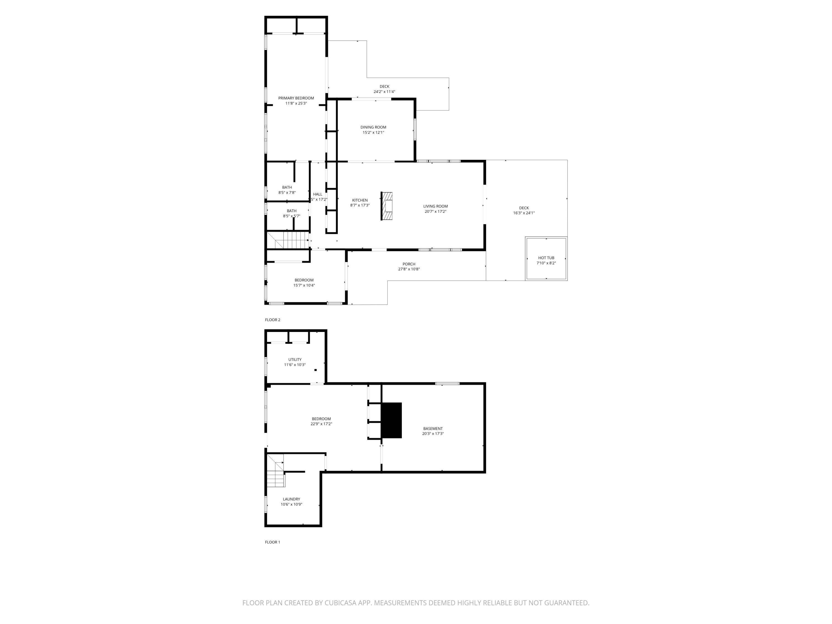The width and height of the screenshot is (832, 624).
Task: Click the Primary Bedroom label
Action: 296,98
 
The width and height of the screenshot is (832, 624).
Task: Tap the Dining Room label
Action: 373,127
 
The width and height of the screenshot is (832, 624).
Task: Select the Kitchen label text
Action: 360,200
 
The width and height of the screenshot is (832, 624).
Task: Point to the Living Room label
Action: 435,206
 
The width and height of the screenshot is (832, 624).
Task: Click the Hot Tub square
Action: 546,259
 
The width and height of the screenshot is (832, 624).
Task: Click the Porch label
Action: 409,264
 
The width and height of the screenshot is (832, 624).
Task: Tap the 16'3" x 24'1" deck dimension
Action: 524,213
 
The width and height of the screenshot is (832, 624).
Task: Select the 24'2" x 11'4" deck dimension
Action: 384,92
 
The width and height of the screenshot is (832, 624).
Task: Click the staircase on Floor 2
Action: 288,240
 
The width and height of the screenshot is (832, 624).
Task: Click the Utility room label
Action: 295,360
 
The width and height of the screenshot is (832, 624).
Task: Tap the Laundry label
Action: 291,499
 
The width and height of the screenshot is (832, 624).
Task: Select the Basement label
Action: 433,428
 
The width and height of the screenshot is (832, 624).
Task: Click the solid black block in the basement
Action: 392,420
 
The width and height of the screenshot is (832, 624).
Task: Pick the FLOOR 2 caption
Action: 273,320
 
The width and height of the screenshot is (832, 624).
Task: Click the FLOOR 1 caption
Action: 273,542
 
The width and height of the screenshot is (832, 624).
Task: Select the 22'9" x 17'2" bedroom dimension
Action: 321,424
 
